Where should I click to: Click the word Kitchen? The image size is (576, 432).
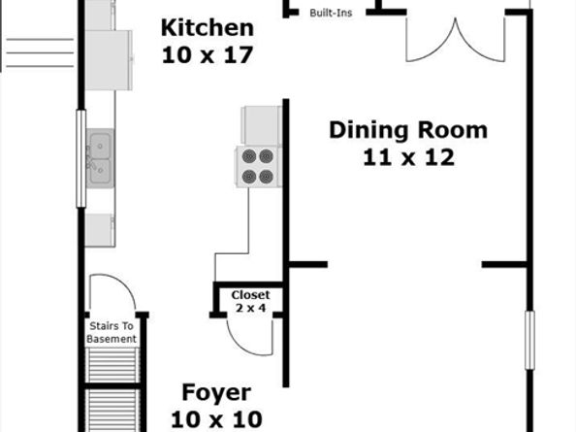[207, 27]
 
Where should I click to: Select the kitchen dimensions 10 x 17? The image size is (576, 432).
[207, 54]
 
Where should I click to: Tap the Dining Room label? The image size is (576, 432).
[407, 130]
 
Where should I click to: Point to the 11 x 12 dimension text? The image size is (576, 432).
[408, 157]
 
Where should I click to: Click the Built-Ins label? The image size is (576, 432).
[331, 14]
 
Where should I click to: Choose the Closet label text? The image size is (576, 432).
[250, 295]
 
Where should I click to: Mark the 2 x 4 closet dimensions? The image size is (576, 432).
[250, 308]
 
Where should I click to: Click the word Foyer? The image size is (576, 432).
[216, 393]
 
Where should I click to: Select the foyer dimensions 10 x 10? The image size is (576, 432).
[216, 419]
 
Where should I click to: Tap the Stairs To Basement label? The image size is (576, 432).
[112, 333]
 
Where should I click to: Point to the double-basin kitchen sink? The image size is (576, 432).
[99, 159]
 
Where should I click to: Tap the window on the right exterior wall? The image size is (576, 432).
[529, 340]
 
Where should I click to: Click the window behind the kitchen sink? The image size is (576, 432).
[81, 158]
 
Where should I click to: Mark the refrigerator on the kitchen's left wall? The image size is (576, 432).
[108, 60]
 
